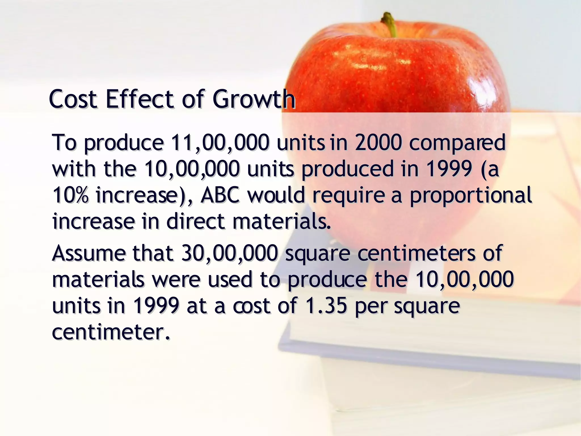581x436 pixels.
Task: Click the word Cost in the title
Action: (73, 99)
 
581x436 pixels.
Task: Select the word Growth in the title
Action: (254, 99)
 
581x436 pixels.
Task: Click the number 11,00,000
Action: (220, 142)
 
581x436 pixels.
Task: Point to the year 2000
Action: (378, 142)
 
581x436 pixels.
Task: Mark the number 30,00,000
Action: (229, 253)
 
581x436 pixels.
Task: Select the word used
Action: (230, 280)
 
